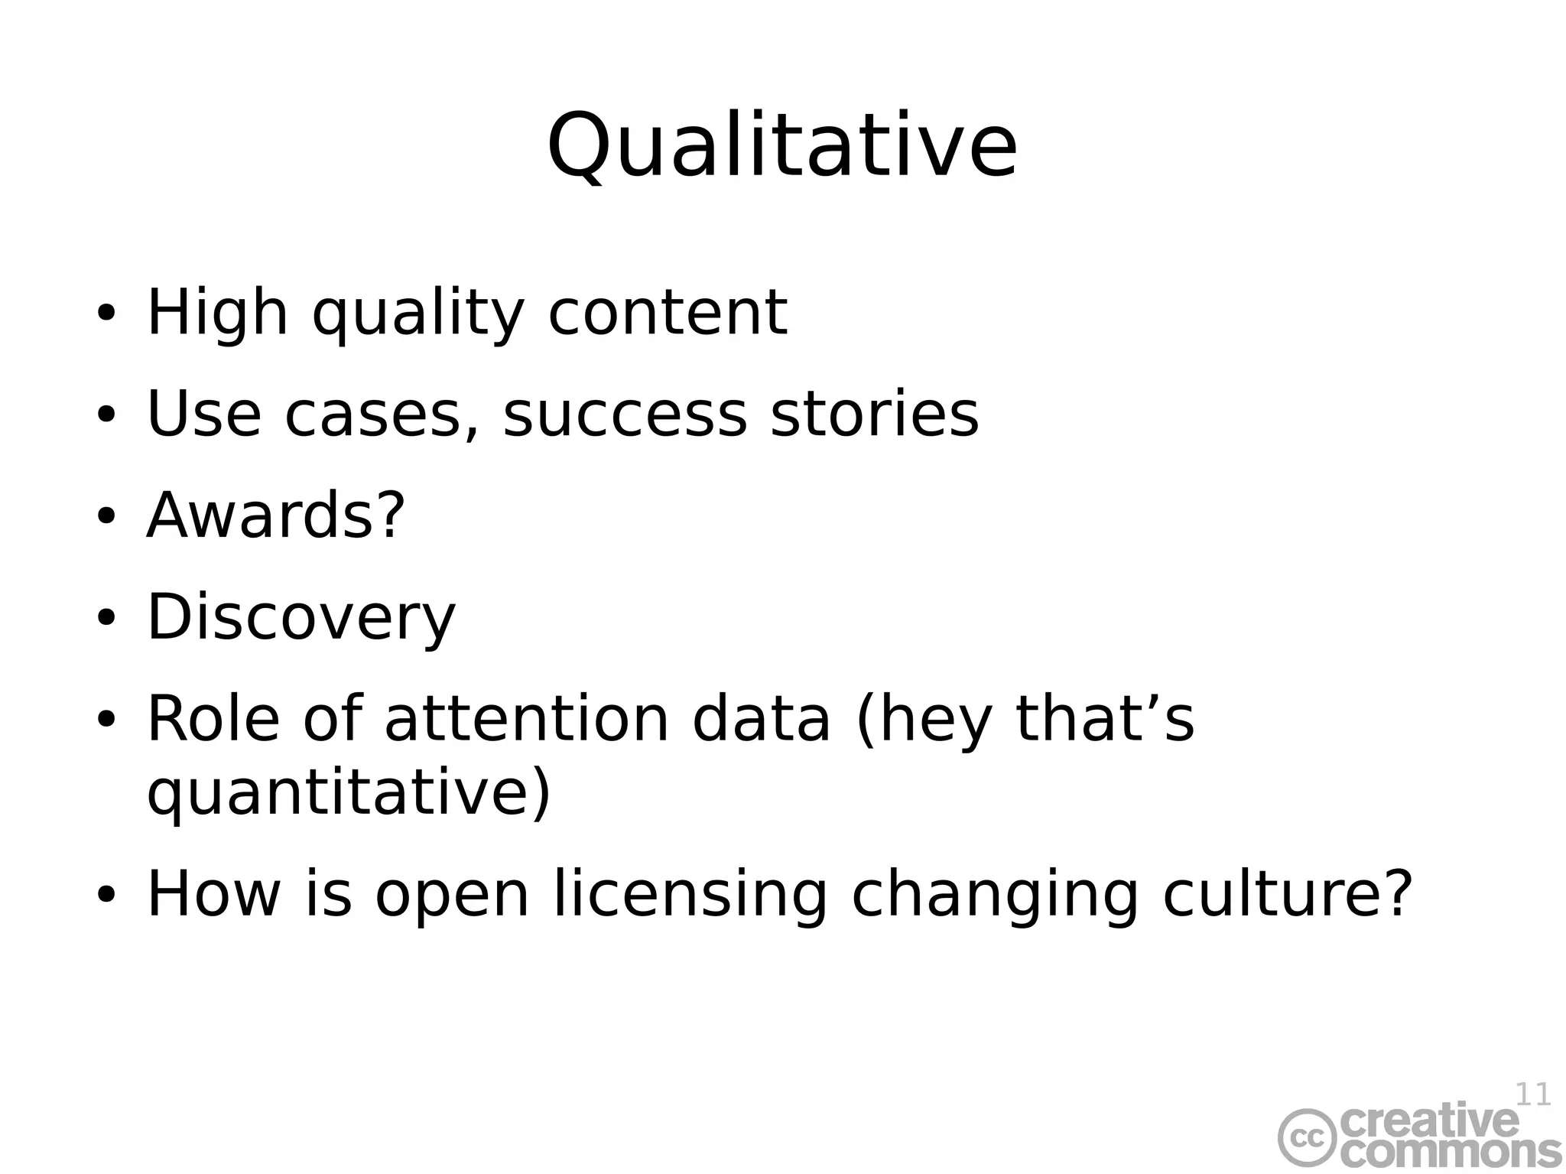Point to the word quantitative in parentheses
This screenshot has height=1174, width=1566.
[340, 792]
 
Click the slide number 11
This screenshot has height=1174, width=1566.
[1532, 1094]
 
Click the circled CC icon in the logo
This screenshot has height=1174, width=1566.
[1308, 1137]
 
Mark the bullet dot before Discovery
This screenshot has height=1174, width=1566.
[106, 617]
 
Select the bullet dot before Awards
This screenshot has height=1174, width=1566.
[106, 515]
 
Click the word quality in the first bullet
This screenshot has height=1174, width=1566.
[417, 314]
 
